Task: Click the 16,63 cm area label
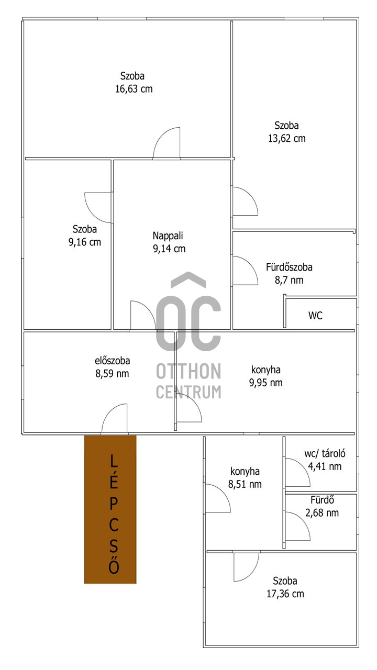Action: point(134,89)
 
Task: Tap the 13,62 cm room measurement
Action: point(286,139)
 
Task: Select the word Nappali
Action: point(168,236)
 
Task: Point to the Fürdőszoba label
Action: point(289,267)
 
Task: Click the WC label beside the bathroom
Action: point(315,316)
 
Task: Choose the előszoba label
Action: point(112,361)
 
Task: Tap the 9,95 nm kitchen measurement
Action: point(265,383)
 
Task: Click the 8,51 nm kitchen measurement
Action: point(245,484)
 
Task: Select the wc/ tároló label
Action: point(325,454)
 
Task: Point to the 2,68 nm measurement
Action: point(322,513)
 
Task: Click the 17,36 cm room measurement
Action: point(285,594)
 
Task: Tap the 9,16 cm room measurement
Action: point(85,242)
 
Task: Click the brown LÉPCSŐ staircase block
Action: point(110,510)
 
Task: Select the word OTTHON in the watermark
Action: point(188,371)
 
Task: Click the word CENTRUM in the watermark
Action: point(188,392)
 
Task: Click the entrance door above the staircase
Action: point(115,418)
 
